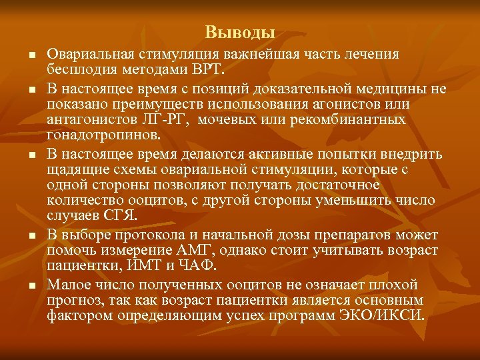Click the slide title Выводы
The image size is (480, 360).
pyautogui.click(x=240, y=32)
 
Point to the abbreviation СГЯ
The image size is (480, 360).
pyautogui.click(x=121, y=216)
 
